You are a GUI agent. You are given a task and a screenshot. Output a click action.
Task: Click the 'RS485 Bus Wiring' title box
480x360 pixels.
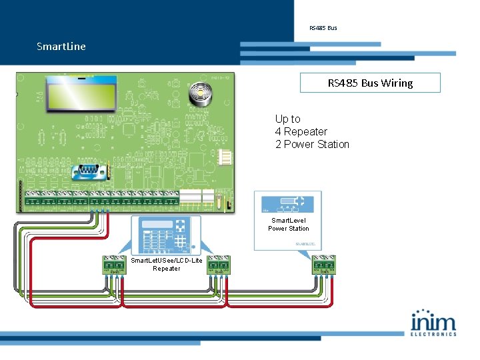(370, 83)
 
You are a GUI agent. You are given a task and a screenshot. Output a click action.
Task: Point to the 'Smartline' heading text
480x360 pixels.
(61, 47)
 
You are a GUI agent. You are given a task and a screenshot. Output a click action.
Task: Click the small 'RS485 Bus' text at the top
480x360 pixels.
(323, 28)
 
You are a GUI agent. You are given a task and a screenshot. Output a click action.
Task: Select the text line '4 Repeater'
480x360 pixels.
(301, 131)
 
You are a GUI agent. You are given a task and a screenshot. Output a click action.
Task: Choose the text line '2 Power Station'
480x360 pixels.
(312, 144)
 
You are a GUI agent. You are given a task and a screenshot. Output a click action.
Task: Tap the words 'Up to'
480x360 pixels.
(288, 119)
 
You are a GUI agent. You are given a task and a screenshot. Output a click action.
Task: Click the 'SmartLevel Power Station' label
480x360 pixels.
(289, 224)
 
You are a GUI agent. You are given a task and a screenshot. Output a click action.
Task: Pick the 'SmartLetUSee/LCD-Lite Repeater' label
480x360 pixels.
(167, 264)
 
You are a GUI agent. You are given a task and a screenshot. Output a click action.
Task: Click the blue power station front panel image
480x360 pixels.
(288, 204)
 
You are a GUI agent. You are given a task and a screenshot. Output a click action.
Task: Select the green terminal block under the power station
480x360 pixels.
(323, 265)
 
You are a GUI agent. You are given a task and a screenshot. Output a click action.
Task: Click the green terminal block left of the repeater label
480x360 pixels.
(114, 265)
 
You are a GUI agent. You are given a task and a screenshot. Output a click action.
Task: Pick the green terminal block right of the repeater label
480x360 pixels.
(219, 265)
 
